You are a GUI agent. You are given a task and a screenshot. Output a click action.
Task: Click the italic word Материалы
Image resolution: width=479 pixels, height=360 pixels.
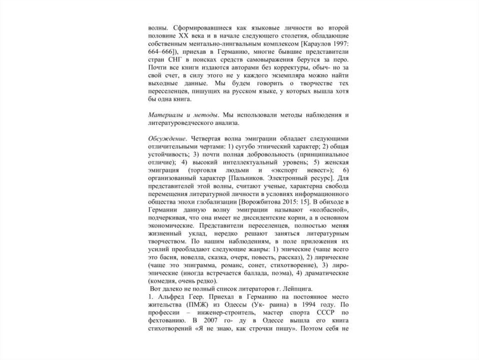[x=163, y=115]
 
